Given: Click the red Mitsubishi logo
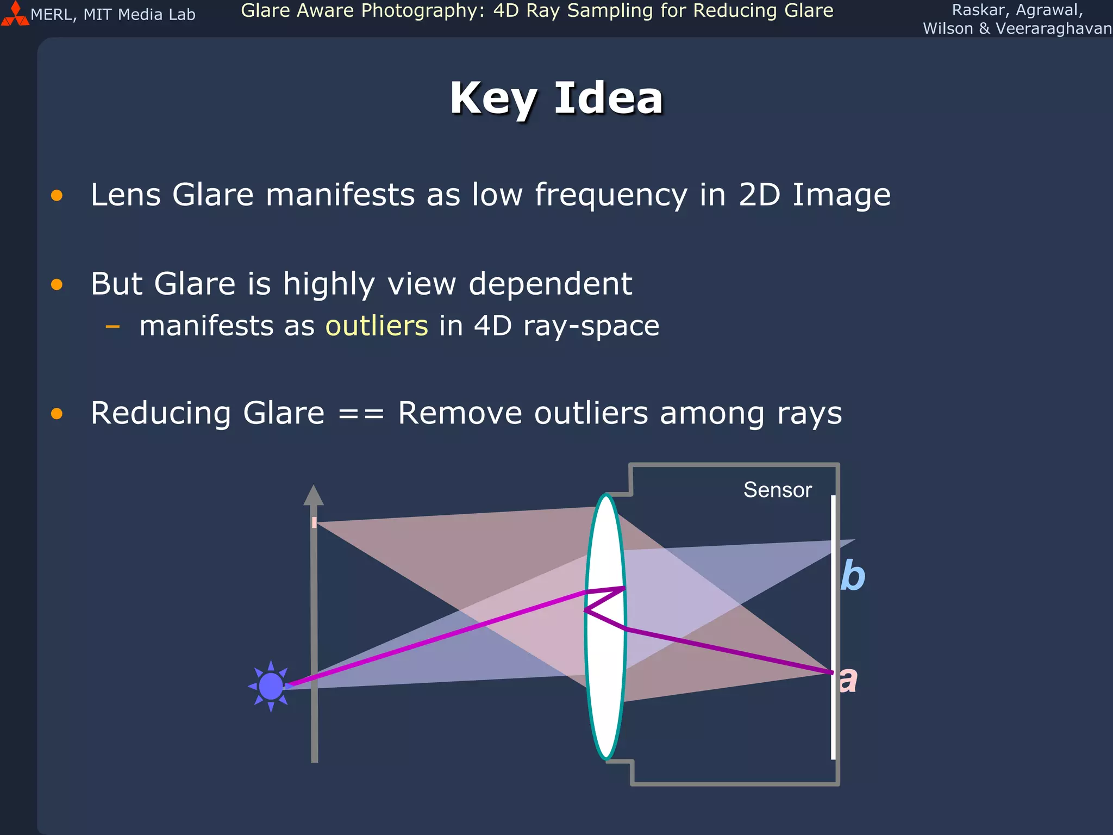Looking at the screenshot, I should point(15,15).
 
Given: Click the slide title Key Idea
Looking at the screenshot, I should point(556,98).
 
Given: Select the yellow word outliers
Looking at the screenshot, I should point(377,326).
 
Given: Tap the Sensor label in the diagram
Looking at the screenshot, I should point(777,490).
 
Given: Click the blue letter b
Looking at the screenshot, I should point(852,576).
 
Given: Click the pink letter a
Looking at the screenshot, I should point(848,680).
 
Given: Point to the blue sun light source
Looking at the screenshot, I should point(271,686).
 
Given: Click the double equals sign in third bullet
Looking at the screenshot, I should point(361,414).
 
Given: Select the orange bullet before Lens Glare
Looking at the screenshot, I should point(57,195).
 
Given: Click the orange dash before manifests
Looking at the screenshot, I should point(112,327).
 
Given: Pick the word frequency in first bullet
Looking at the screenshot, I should point(611,195).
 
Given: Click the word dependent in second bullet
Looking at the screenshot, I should point(550,284).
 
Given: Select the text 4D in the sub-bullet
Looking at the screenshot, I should point(493,326).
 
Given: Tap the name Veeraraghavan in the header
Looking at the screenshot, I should point(1053,29).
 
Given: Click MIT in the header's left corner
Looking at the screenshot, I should point(98,15).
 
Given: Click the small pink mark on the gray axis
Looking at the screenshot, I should point(314,522).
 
